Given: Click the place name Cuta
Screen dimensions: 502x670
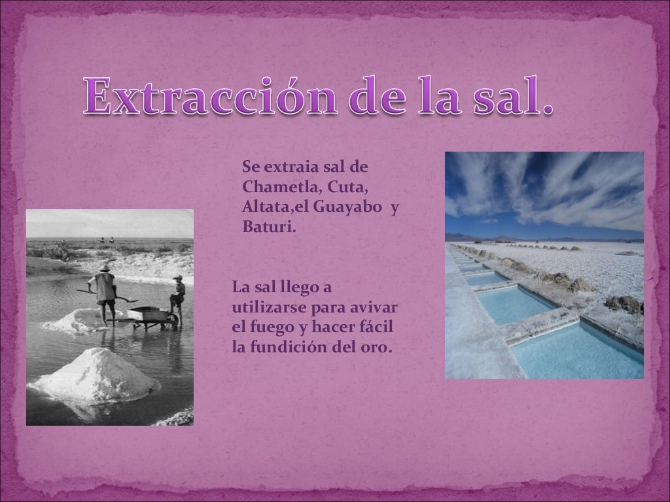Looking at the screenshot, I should pyautogui.click(x=347, y=186).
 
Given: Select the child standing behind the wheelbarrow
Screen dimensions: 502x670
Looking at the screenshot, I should pyautogui.click(x=177, y=297).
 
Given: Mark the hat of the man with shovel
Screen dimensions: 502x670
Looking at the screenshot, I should pyautogui.click(x=105, y=268).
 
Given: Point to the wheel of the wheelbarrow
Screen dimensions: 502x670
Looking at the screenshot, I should pyautogui.click(x=172, y=320).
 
